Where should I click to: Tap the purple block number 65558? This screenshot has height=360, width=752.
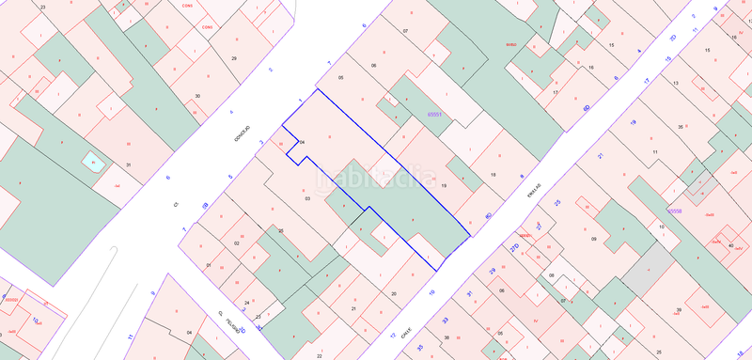point(674,212)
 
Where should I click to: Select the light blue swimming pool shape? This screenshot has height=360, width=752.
point(92,162)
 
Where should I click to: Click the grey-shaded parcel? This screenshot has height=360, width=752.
point(645,273)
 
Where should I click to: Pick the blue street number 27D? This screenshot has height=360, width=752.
point(514,248)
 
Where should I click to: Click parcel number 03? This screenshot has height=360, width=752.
point(307,198)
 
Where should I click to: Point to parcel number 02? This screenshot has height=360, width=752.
point(237,243)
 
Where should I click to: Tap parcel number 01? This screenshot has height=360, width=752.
point(208,265)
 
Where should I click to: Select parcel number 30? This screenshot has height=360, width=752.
point(197,96)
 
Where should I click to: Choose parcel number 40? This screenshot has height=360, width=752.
point(730,245)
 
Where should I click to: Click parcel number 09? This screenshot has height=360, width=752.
point(594,240)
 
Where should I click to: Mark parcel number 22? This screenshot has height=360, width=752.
point(320,355)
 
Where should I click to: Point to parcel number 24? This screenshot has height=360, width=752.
point(247,303)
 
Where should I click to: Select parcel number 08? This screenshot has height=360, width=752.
point(552,275)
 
